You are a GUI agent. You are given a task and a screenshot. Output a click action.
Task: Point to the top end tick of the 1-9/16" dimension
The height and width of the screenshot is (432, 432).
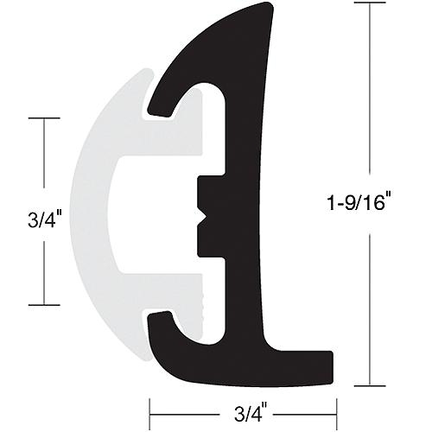pyautogui.click(x=370, y=4)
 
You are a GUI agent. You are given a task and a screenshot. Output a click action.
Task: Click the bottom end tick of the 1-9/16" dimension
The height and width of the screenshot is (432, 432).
pyautogui.click(x=370, y=385)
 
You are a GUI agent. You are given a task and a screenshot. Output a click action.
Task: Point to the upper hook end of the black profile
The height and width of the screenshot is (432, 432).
pyautogui.click(x=158, y=109)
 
